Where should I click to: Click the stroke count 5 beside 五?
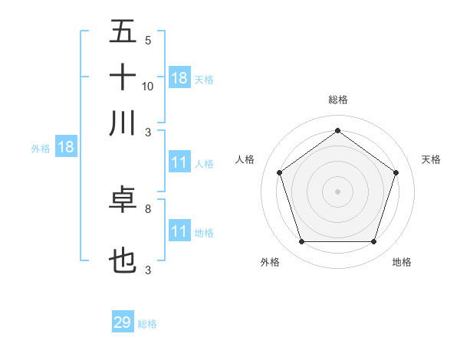click(147, 40)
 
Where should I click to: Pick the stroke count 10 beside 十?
click(148, 86)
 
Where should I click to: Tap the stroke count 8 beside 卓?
click(147, 208)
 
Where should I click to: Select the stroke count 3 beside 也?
click(147, 270)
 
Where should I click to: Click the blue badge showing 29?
click(123, 322)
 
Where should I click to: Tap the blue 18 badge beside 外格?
click(66, 148)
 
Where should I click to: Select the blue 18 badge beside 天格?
click(179, 78)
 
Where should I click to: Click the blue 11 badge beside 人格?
click(179, 163)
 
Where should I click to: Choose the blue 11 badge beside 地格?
click(179, 231)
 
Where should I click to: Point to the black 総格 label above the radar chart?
click(338, 100)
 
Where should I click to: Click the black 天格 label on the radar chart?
click(432, 159)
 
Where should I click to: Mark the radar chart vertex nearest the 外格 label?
click(301, 242)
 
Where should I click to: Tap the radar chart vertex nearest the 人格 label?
click(279, 173)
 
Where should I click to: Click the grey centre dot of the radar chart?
click(338, 191)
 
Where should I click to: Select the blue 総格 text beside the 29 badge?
click(147, 324)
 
